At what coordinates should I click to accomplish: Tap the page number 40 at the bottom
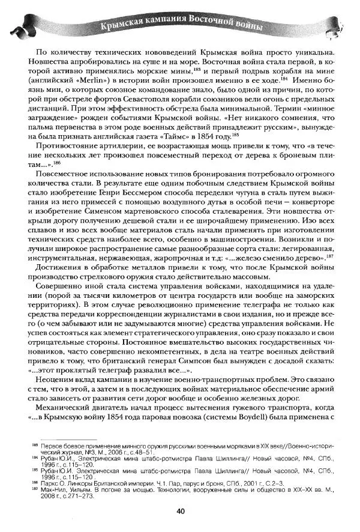(x=180, y=512)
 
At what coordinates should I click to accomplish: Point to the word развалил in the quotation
(x=142, y=367)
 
